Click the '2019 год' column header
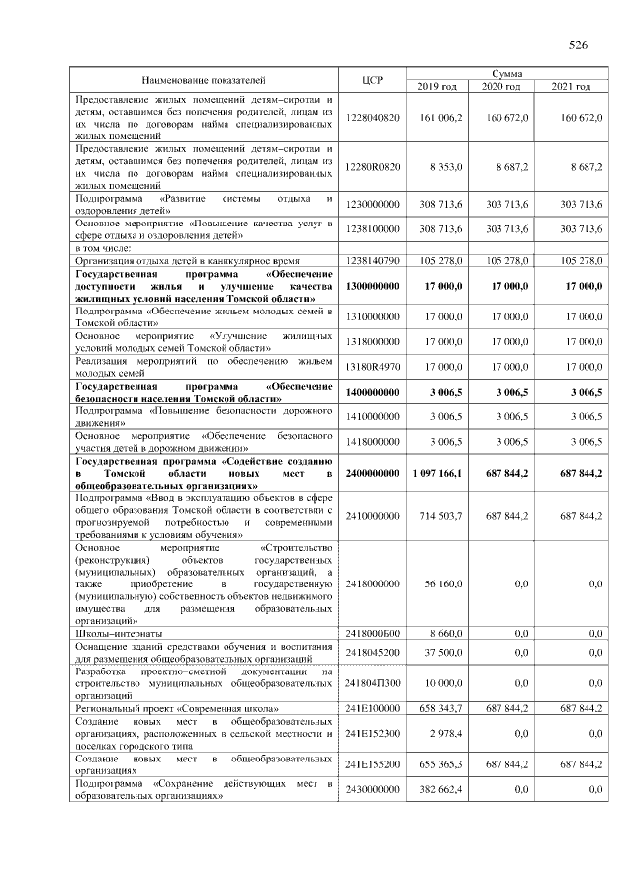click(436, 87)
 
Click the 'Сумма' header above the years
click(503, 73)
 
